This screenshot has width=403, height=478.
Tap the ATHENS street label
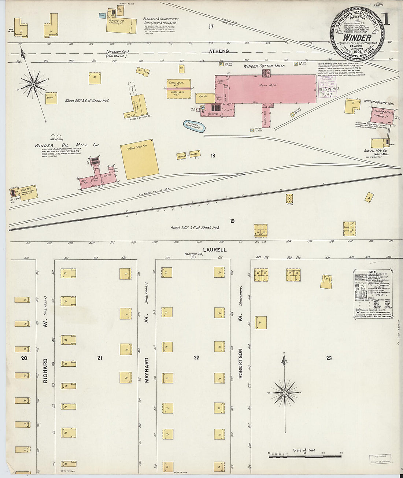pyautogui.click(x=219, y=52)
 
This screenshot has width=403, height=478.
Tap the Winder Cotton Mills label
pyautogui.click(x=264, y=66)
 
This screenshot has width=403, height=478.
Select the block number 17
pyautogui.click(x=211, y=26)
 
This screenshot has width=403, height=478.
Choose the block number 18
pyautogui.click(x=213, y=156)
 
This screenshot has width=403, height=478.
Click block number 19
pyautogui.click(x=232, y=221)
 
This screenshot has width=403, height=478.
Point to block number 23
pyautogui.click(x=329, y=358)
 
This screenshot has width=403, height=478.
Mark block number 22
pyautogui.click(x=197, y=357)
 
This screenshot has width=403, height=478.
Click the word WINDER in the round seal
pyautogui.click(x=357, y=38)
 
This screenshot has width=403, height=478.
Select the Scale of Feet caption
pyautogui.click(x=304, y=450)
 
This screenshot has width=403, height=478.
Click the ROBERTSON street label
pyautogui.click(x=241, y=363)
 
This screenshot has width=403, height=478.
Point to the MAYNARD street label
pyautogui.click(x=147, y=370)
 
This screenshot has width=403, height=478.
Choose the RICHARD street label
pyautogui.click(x=45, y=371)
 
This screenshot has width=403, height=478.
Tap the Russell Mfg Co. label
pyautogui.click(x=376, y=150)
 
